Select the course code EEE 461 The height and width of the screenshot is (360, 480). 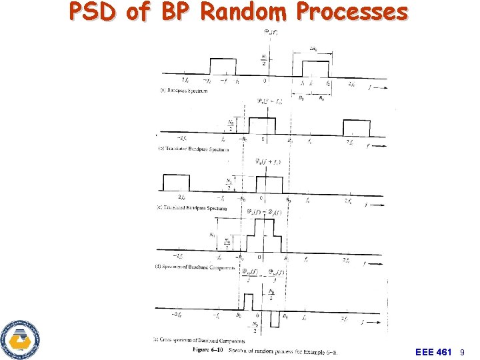tap(433, 351)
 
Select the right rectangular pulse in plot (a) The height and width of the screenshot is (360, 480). tap(315, 68)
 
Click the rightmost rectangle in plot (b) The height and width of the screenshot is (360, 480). tap(356, 127)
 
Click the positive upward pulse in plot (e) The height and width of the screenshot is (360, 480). tap(249, 302)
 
